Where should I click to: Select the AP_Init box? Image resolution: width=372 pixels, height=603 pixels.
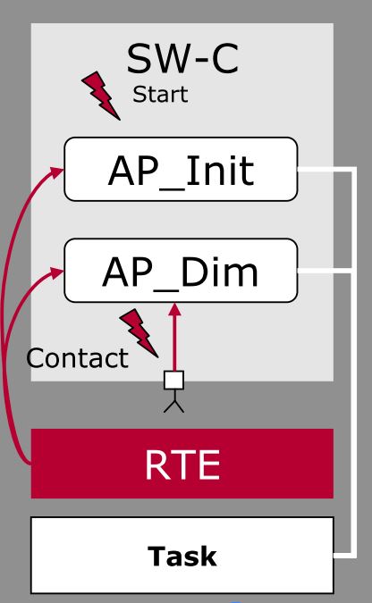[x=181, y=169]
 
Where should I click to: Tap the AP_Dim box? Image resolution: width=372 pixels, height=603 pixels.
[x=181, y=270]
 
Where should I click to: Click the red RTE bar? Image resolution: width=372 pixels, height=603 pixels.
[x=182, y=463]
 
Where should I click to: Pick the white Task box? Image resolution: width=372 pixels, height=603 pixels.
[x=182, y=555]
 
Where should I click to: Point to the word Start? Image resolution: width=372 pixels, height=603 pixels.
[x=160, y=95]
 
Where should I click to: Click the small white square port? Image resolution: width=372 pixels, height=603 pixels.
[x=174, y=381]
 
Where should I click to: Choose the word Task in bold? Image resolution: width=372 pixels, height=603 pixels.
[x=182, y=556]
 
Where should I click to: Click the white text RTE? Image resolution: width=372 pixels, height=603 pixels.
[x=182, y=463]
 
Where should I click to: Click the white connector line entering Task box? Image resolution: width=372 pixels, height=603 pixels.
[x=344, y=555]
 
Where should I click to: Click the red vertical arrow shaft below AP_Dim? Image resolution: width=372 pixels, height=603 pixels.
[x=174, y=344]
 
